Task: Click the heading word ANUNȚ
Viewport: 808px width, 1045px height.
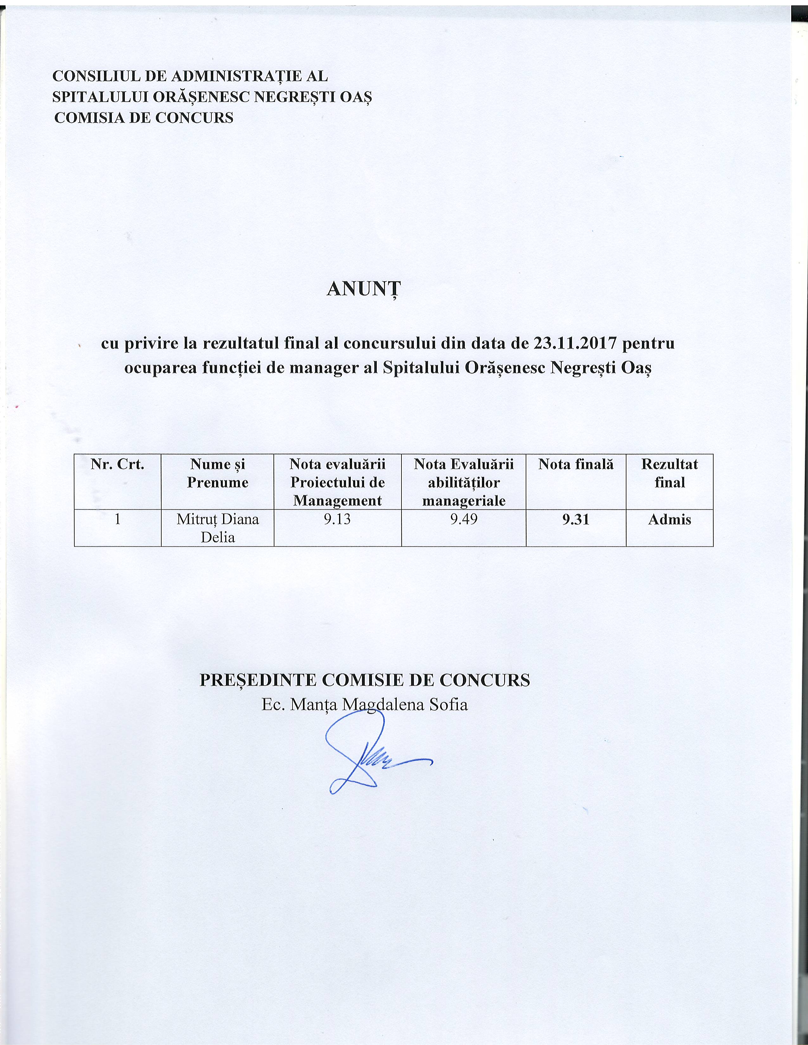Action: point(363,289)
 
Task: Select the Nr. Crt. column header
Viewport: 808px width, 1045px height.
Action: point(117,464)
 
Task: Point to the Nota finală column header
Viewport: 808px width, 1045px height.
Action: point(575,464)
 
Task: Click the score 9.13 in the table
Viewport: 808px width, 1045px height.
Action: point(337,519)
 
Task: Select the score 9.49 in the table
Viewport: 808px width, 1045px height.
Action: point(463,519)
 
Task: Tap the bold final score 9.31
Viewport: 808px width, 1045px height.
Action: point(575,519)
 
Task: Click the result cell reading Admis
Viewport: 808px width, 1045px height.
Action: point(669,519)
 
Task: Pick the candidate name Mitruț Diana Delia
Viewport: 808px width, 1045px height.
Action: point(217,528)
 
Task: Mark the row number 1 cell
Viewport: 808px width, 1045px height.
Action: point(117,519)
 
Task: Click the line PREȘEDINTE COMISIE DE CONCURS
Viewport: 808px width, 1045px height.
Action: point(364,679)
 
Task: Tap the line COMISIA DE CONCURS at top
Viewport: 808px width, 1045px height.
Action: point(144,118)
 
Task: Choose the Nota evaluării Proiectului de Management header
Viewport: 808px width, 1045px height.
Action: point(337,482)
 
